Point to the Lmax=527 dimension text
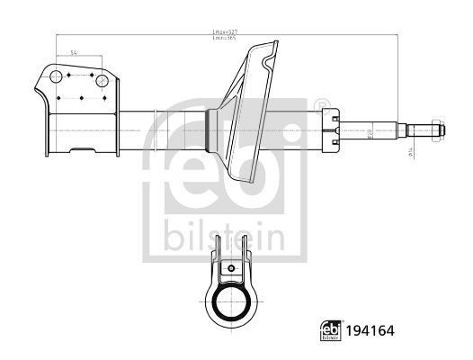pyautogui.click(x=225, y=32)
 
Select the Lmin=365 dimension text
pyautogui.click(x=225, y=39)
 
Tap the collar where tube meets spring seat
pyautogui.click(x=212, y=128)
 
